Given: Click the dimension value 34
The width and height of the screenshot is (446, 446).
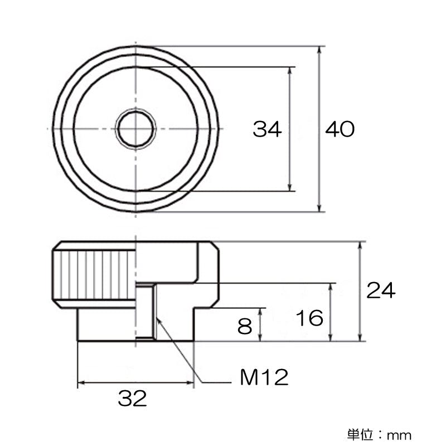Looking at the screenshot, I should [x=268, y=129].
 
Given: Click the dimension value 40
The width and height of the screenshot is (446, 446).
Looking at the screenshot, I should [x=340, y=129].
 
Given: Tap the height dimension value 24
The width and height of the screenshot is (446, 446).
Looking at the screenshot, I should [x=381, y=290].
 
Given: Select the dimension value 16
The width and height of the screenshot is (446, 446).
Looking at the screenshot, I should [x=309, y=318].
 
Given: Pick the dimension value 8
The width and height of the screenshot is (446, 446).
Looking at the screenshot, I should [x=245, y=326].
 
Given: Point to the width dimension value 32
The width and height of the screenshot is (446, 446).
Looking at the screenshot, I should [x=132, y=398].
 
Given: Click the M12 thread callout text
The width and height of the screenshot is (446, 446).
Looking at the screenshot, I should [x=264, y=378].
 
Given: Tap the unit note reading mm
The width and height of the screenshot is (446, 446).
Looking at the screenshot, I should [x=400, y=434].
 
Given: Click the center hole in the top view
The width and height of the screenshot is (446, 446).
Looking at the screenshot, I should [x=135, y=129].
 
